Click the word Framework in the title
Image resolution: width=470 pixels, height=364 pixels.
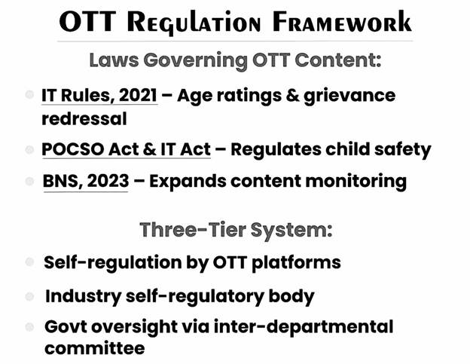[342, 22]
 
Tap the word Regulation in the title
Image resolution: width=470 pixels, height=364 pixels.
[194, 23]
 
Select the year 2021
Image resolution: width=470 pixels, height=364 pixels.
[138, 95]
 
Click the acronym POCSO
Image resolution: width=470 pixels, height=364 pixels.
[73, 148]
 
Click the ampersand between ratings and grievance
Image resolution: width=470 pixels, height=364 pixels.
[292, 96]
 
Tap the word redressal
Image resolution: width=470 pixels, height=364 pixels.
[84, 118]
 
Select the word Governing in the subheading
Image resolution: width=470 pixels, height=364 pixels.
[195, 61]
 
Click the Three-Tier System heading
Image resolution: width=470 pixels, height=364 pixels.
[236, 231]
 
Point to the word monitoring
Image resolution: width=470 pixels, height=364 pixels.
[356, 182]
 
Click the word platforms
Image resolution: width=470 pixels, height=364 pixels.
[296, 263]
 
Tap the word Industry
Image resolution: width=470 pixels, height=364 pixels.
[83, 296]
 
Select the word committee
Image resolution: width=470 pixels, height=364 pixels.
[95, 348]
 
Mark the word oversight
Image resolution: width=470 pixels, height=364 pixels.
[134, 327]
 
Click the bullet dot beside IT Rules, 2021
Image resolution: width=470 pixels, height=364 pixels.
[29, 95]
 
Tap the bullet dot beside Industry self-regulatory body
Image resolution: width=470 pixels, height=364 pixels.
[29, 297]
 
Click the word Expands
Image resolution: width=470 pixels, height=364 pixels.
[188, 182]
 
